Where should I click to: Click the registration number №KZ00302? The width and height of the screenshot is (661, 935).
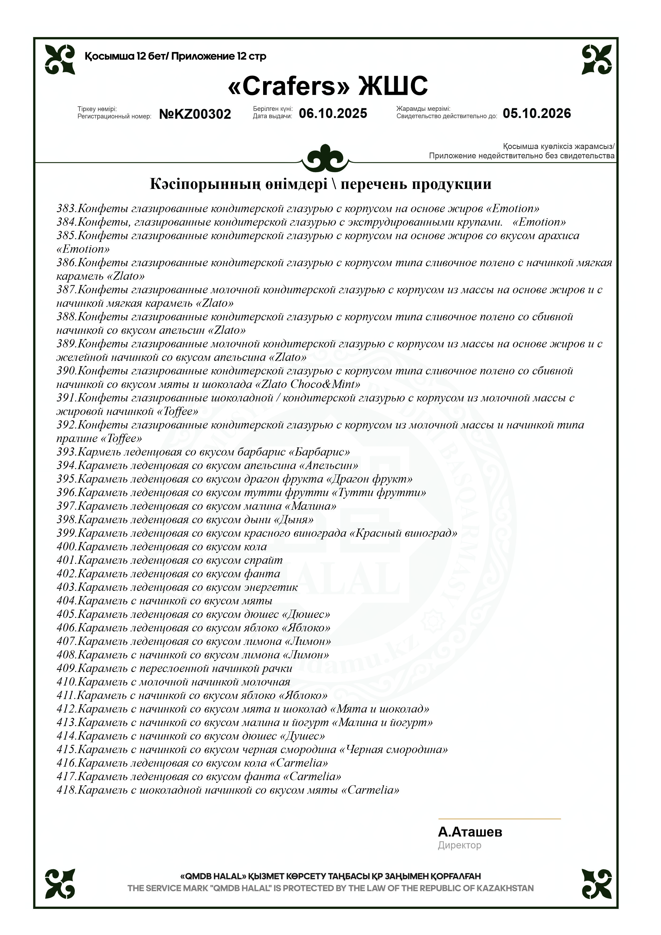point(195,114)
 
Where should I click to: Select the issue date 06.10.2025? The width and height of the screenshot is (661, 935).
point(333,113)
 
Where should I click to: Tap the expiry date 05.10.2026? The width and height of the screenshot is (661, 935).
point(536,113)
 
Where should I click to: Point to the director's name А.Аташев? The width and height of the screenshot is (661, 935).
point(470,832)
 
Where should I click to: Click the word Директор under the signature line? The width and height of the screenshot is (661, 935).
point(459,845)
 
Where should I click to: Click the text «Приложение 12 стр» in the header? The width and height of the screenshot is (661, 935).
point(219,56)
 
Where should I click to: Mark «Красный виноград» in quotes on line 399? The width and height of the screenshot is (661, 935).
point(403,533)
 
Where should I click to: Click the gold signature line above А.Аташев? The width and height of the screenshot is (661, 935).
point(499,819)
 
